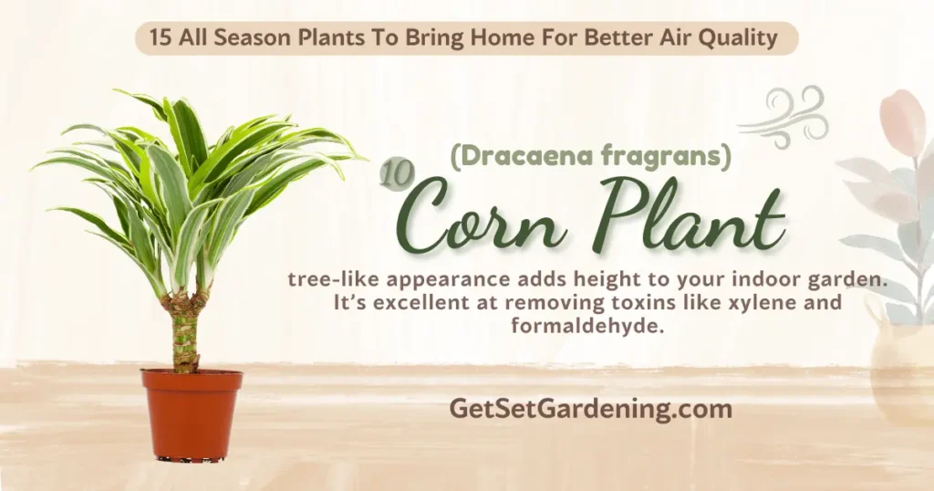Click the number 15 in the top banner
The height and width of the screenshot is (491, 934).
point(160,38)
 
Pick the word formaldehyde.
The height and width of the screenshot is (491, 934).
point(586,325)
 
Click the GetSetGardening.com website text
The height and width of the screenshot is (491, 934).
point(590,410)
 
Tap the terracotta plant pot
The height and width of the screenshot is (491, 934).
point(192,414)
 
